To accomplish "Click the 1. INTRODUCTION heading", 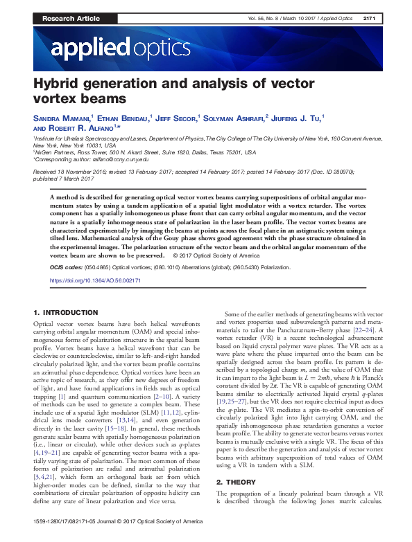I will coord(67,313).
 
